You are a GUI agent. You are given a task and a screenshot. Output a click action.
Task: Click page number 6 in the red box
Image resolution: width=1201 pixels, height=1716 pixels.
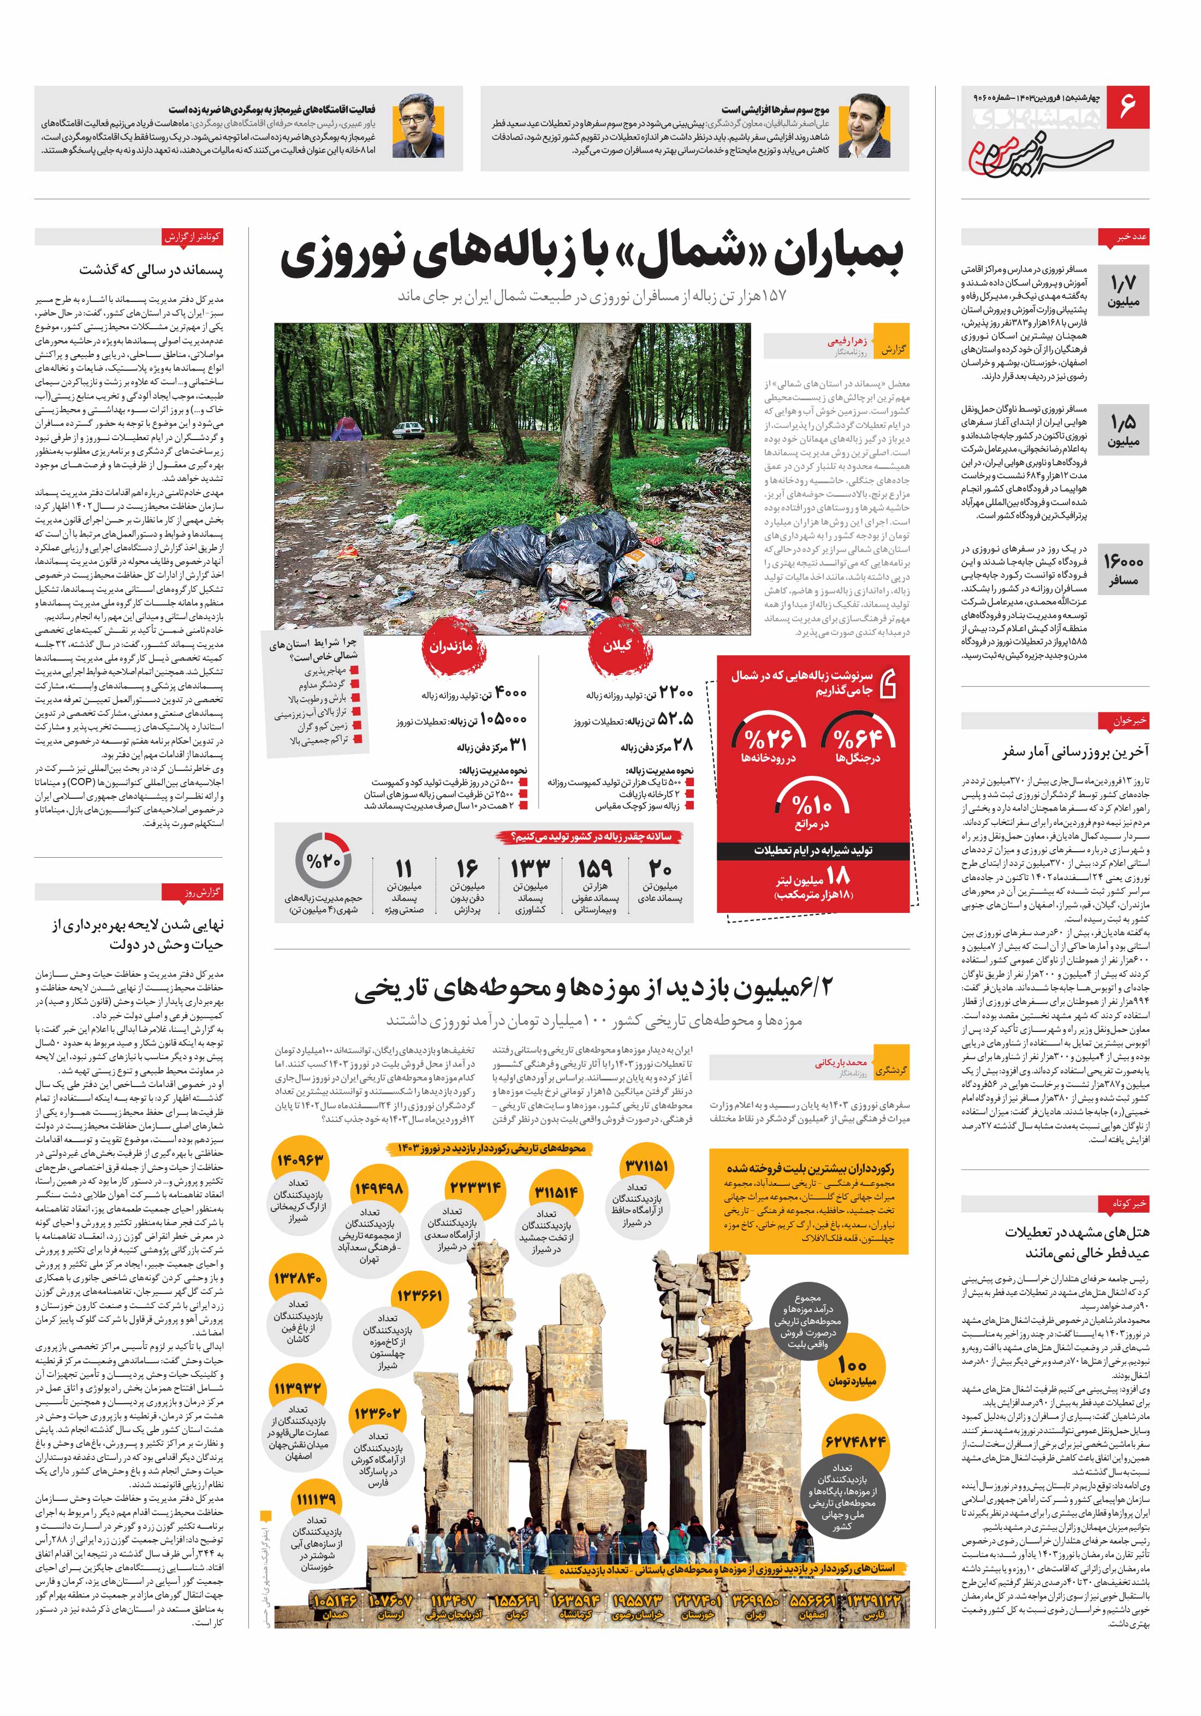(x=1126, y=105)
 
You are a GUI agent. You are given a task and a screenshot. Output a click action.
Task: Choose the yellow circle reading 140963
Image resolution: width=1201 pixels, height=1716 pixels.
(x=300, y=1161)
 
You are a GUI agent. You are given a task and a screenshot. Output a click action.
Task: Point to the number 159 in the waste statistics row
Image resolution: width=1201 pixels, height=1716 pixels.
(x=595, y=869)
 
